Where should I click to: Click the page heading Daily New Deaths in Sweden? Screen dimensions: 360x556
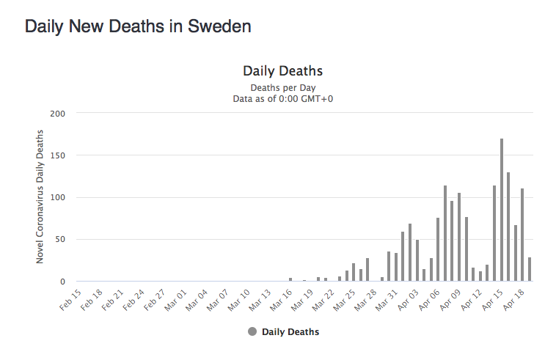coord(139,26)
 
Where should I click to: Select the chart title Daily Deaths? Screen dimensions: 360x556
coord(282,71)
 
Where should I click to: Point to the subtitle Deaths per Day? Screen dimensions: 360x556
coord(282,87)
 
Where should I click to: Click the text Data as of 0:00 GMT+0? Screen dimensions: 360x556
coord(282,98)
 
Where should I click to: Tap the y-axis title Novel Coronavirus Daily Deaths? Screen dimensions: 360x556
coord(40,196)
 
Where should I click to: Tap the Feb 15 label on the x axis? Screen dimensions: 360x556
coord(71,298)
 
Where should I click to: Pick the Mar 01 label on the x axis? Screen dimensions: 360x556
coord(176,300)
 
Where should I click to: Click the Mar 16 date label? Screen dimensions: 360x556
coord(282,300)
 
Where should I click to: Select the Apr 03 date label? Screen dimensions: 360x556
coord(409,300)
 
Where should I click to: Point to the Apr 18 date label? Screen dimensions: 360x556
coord(514,300)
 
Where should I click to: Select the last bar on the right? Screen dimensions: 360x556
coord(530,269)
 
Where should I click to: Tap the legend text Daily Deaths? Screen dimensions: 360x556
coord(290,332)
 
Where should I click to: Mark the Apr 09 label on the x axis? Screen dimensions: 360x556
coord(451,300)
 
